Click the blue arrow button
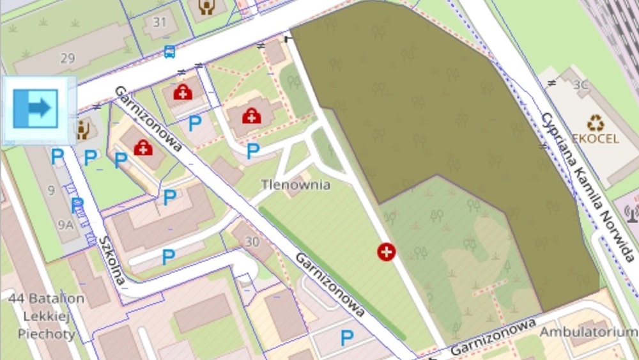[x=36, y=108]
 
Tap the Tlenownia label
[x=295, y=185]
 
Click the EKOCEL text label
[x=596, y=138]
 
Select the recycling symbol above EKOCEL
[x=596, y=122]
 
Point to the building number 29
[x=68, y=58]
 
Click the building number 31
[x=160, y=23]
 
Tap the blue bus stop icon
[x=169, y=51]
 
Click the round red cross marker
[x=386, y=252]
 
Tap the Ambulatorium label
[x=588, y=333]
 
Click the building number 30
[x=252, y=241]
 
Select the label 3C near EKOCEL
[x=580, y=84]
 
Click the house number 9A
[x=66, y=224]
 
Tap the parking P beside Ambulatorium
[x=347, y=338]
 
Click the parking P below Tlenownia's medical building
[x=254, y=151]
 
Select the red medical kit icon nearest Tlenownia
[x=251, y=116]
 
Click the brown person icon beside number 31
[x=206, y=7]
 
